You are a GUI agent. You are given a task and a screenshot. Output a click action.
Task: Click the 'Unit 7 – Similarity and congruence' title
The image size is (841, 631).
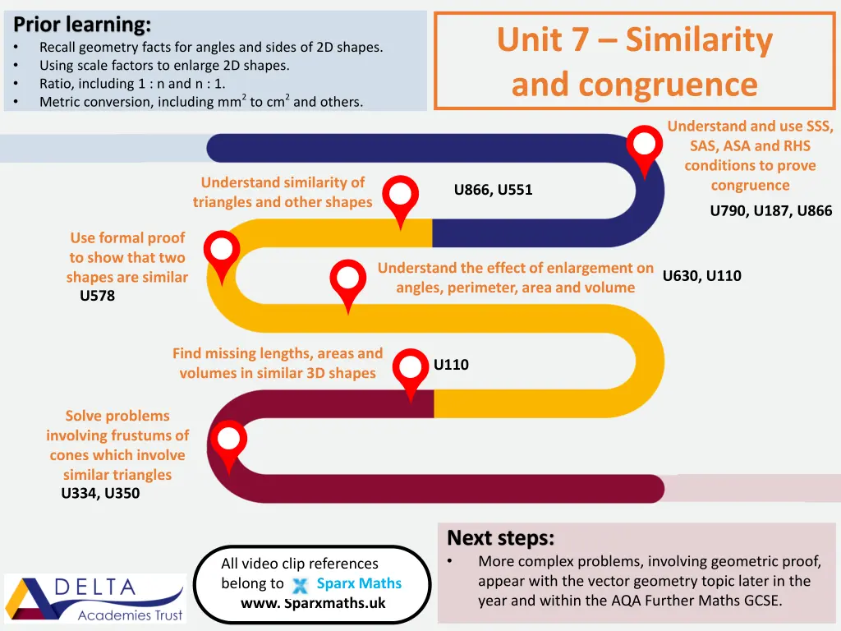click(x=634, y=62)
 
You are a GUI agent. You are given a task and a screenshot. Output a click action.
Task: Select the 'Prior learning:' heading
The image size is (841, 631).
click(x=82, y=24)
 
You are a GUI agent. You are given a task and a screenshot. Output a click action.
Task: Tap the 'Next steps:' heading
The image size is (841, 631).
click(x=500, y=538)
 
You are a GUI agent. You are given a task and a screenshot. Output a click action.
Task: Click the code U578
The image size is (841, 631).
click(x=97, y=296)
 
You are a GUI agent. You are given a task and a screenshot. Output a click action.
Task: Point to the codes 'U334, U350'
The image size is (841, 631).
click(x=100, y=493)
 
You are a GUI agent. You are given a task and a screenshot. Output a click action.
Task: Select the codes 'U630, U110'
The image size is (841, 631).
click(x=701, y=275)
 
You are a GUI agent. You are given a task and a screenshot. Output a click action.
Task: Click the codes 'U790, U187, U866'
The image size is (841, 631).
click(x=770, y=210)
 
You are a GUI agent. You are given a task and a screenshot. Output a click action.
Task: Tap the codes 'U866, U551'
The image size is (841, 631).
click(x=493, y=190)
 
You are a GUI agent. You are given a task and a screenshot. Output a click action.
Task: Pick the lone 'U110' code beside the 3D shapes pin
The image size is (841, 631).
click(x=451, y=364)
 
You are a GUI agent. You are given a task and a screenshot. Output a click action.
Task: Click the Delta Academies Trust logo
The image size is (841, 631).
click(x=95, y=597)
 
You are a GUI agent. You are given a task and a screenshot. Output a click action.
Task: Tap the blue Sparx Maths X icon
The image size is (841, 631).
click(x=301, y=586)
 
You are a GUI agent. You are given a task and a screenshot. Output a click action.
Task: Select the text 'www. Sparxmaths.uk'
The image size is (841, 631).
click(x=313, y=603)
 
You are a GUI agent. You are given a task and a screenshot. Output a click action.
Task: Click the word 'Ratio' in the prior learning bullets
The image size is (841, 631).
click(x=57, y=84)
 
